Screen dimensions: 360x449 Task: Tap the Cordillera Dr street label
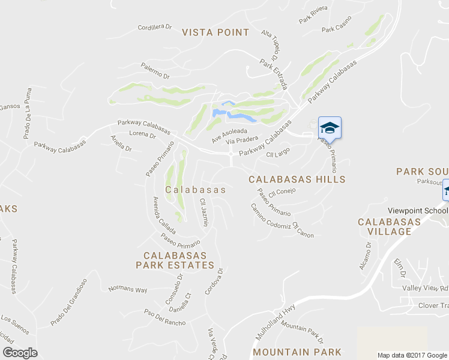click(x=155, y=27)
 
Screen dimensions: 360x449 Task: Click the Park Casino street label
click(x=336, y=29)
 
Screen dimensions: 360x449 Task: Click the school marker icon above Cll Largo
click(x=329, y=128)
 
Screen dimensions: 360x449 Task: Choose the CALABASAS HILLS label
click(x=297, y=179)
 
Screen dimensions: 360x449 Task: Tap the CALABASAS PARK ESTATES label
click(x=175, y=260)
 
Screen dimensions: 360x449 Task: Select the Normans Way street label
click(x=127, y=290)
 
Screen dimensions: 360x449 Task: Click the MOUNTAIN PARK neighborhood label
click(x=297, y=352)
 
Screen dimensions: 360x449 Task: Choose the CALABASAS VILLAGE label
click(x=389, y=227)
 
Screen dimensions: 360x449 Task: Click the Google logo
click(x=20, y=352)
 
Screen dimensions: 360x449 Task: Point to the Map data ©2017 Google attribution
click(x=412, y=355)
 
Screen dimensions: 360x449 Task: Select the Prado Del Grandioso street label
click(x=69, y=302)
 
